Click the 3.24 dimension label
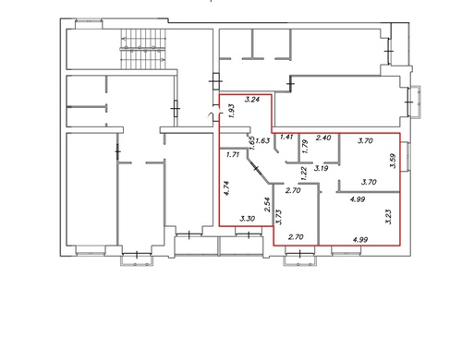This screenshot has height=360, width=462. point(252,100)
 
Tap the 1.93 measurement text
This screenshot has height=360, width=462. point(232,111)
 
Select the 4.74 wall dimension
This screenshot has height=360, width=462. point(226,188)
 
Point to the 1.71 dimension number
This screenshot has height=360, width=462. point(233,155)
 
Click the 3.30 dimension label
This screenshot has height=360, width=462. point(248,219)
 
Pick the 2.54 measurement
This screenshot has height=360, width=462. point(267,205)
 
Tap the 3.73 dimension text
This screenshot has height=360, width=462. point(279,218)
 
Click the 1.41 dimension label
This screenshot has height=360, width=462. point(286,137)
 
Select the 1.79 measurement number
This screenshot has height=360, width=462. point(304,147)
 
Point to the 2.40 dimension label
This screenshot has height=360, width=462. point(323,138)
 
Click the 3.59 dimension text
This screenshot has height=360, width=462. point(394,161)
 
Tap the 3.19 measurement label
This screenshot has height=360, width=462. point(321,168)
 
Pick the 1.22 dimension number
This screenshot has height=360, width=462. point(304,174)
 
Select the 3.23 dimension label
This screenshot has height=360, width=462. point(389,217)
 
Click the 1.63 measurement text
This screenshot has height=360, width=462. point(262,140)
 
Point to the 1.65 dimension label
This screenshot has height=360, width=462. point(252,143)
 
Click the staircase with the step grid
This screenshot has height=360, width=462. point(143,49)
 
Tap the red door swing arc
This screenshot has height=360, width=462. point(210,115)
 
